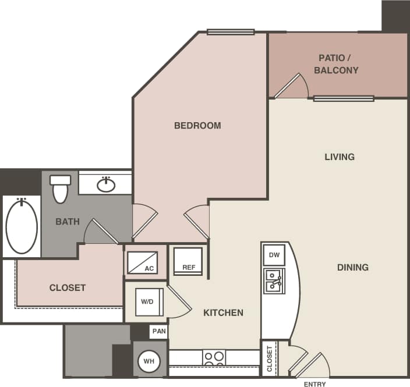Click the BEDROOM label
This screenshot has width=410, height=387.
(x=197, y=125)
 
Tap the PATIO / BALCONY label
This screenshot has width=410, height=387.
(x=336, y=64)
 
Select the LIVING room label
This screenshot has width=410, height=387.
(x=340, y=157)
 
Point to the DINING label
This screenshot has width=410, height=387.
(x=352, y=267)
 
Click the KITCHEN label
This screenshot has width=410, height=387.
(x=223, y=313)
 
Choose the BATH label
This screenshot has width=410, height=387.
(x=68, y=221)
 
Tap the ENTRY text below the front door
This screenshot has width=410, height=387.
(x=315, y=384)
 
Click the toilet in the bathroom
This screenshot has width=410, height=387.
(x=60, y=188)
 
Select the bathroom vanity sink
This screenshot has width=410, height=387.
(x=105, y=184)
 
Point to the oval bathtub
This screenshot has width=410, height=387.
(x=22, y=226)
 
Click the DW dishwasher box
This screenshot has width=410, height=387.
(x=274, y=255)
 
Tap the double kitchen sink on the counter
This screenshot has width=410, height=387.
(x=273, y=281)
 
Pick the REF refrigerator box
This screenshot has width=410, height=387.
(x=188, y=261)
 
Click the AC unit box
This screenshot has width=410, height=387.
(x=143, y=262)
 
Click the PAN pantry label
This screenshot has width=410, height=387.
(x=158, y=331)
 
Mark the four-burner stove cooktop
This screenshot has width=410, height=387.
(x=214, y=357)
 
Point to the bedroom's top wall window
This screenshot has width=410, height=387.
(x=230, y=32)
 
